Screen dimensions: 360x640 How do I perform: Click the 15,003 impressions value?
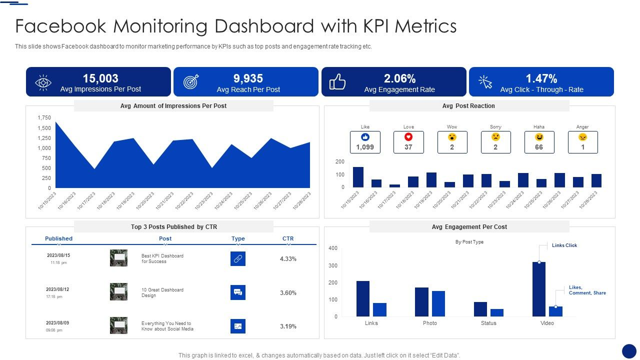click(100, 78)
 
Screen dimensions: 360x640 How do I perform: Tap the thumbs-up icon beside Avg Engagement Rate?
click(337, 82)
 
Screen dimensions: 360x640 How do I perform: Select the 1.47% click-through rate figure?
click(541, 78)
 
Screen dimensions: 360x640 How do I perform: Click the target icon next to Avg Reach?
click(191, 82)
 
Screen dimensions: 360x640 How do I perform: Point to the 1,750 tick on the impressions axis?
click(44, 118)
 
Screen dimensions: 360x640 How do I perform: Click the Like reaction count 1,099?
click(365, 147)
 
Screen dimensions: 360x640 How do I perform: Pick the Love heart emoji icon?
click(408, 137)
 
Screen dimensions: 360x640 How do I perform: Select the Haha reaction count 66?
click(539, 147)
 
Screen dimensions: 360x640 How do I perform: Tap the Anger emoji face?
click(582, 137)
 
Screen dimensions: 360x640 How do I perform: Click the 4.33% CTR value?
click(288, 259)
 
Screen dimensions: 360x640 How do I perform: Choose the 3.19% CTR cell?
click(288, 326)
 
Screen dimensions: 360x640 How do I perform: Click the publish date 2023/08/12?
click(58, 289)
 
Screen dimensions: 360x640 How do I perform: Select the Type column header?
click(238, 238)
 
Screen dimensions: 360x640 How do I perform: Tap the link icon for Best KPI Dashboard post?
click(238, 258)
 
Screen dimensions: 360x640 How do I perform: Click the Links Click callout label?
click(564, 245)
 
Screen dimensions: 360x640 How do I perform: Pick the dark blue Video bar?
click(539, 289)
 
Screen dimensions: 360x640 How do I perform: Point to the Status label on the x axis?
click(488, 323)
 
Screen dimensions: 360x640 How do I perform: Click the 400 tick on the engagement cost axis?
click(333, 248)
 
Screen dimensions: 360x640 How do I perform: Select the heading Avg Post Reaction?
click(468, 106)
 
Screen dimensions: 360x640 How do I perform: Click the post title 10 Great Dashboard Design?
click(162, 292)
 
